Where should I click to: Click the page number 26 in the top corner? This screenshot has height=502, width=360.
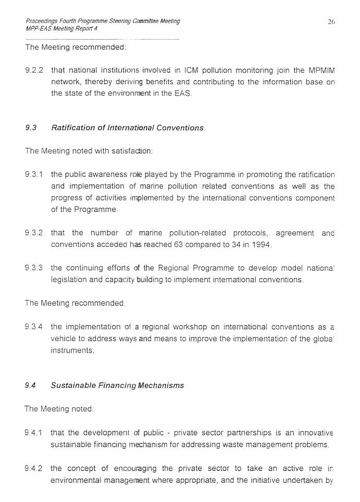[x=331, y=21]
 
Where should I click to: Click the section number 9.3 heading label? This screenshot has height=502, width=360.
[x=31, y=128]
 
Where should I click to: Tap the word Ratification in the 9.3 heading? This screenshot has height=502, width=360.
[x=73, y=128]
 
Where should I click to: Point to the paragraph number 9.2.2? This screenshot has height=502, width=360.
[x=34, y=70]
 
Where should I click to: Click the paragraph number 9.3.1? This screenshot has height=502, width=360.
[x=34, y=174]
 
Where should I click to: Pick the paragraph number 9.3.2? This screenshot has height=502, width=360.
[x=34, y=233]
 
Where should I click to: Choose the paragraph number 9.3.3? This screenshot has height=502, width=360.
[x=34, y=268]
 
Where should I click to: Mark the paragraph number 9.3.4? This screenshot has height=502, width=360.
[x=34, y=327]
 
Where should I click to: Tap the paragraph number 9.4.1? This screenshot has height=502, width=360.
[x=34, y=433]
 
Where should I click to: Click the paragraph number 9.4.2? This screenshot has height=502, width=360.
[x=34, y=468]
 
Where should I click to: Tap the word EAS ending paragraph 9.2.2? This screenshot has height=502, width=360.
[x=183, y=94]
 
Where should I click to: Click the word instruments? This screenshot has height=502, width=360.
[x=72, y=350]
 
